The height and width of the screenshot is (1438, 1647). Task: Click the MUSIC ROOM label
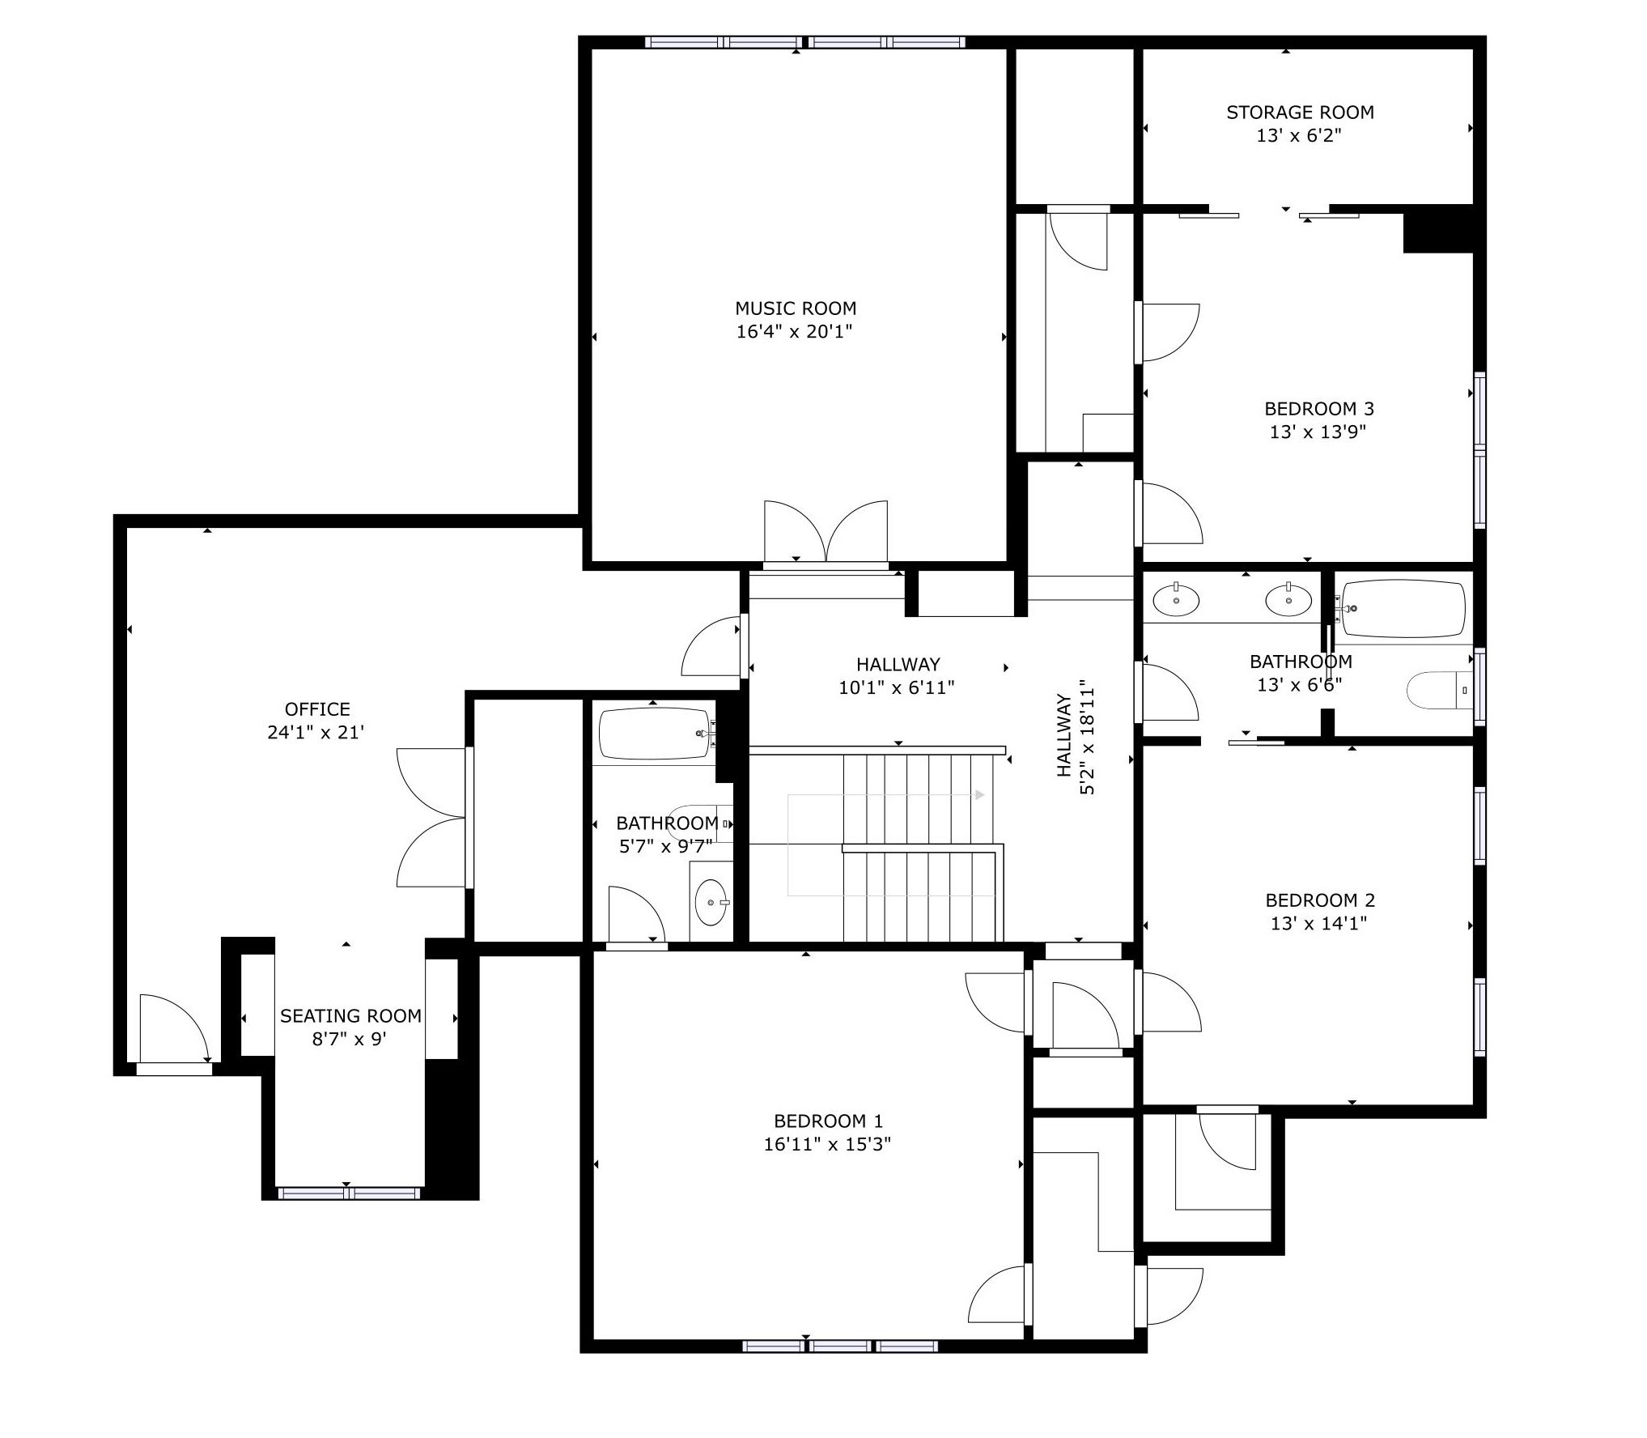pos(795,308)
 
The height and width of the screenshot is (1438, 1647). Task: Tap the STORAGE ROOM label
pos(1300,113)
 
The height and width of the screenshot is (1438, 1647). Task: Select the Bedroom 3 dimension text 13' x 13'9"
pos(1318,432)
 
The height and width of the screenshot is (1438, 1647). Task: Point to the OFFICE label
pos(317,709)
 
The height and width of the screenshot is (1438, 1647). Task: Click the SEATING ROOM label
pos(350,1016)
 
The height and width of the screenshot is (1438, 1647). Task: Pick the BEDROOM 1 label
pos(828,1121)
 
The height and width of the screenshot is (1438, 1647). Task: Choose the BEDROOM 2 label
pos(1320,900)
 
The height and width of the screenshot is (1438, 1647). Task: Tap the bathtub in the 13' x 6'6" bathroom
pos(1404,608)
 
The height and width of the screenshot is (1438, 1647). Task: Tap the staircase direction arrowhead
pos(980,795)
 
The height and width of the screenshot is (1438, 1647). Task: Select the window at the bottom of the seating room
pos(349,1193)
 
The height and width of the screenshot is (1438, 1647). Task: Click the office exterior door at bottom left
pos(174,1032)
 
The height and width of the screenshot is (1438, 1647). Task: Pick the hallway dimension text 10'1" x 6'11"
pos(897,688)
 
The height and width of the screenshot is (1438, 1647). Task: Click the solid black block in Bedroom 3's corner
pos(1437,228)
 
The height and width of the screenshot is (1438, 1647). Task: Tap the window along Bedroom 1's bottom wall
pos(840,1347)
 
